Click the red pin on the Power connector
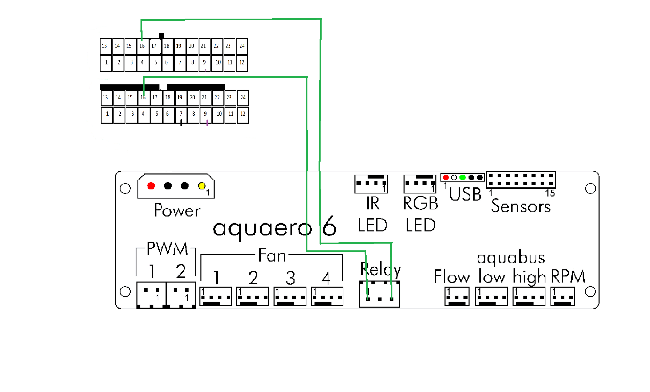pyautogui.click(x=151, y=186)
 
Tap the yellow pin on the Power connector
pyautogui.click(x=202, y=186)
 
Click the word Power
pyautogui.click(x=177, y=210)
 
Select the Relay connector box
pyautogui.click(x=379, y=294)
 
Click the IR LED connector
pyautogui.click(x=371, y=184)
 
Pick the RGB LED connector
pyautogui.click(x=420, y=184)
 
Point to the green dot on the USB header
pyautogui.click(x=463, y=178)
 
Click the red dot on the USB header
pyautogui.click(x=446, y=178)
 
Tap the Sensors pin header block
pyautogui.click(x=521, y=180)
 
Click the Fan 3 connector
pyautogui.click(x=290, y=296)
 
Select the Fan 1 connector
pyautogui.click(x=216, y=296)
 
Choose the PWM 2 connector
pyautogui.click(x=181, y=294)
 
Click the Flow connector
pyautogui.click(x=457, y=296)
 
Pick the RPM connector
pyautogui.click(x=563, y=296)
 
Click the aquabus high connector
pyautogui.click(x=529, y=296)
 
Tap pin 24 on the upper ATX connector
pyautogui.click(x=242, y=46)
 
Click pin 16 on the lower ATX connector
pyautogui.click(x=144, y=98)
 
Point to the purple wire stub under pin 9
pyautogui.click(x=207, y=122)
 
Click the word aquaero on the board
pyautogui.click(x=262, y=228)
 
